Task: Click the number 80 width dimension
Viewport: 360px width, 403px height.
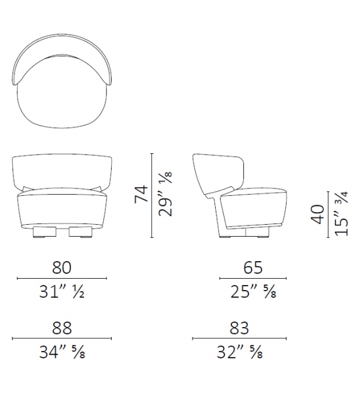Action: [61, 267]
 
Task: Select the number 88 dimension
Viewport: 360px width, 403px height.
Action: [61, 328]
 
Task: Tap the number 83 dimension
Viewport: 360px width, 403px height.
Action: [240, 328]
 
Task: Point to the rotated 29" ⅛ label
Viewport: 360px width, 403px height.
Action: [166, 195]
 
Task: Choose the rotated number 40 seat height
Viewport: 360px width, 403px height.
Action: [317, 214]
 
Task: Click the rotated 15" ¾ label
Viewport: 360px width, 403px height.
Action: [341, 214]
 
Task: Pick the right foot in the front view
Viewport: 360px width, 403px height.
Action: [80, 233]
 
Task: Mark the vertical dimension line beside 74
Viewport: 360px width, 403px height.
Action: [152, 195]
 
